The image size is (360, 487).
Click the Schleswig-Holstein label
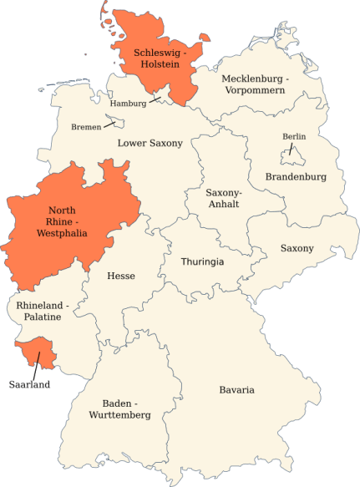pos(161,58)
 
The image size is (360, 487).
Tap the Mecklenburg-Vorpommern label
pos(254,84)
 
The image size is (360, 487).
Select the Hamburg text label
pos(128,104)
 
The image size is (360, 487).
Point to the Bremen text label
pos(86,127)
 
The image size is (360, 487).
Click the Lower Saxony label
pos(150,143)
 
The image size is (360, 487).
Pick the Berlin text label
pos(294,136)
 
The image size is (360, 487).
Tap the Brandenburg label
pos(296,176)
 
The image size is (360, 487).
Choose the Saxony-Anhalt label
pos(223,197)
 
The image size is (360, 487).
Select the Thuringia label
pos(202,261)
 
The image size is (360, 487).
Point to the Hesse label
pos(121,276)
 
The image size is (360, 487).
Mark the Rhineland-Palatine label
pos(44,310)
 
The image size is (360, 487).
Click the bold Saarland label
pos(29,384)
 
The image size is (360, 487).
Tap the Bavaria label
pos(236,389)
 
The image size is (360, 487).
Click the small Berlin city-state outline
pos(292,155)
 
